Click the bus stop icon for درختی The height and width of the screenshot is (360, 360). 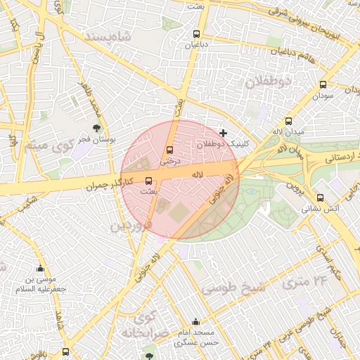coord(169,150)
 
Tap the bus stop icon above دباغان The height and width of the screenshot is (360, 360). coord(196,33)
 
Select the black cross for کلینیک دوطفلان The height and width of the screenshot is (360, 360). coord(224,133)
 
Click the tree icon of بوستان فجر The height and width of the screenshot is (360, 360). coord(96,128)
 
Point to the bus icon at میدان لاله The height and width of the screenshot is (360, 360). coord(288,121)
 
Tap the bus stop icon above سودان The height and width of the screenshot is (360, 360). coord(323,83)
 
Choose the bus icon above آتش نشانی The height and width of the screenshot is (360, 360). coord(321,198)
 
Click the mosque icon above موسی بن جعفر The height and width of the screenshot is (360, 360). coord(40,268)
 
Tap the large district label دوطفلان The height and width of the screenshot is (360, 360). coord(266,82)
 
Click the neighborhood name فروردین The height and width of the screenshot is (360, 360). coord(131,226)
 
